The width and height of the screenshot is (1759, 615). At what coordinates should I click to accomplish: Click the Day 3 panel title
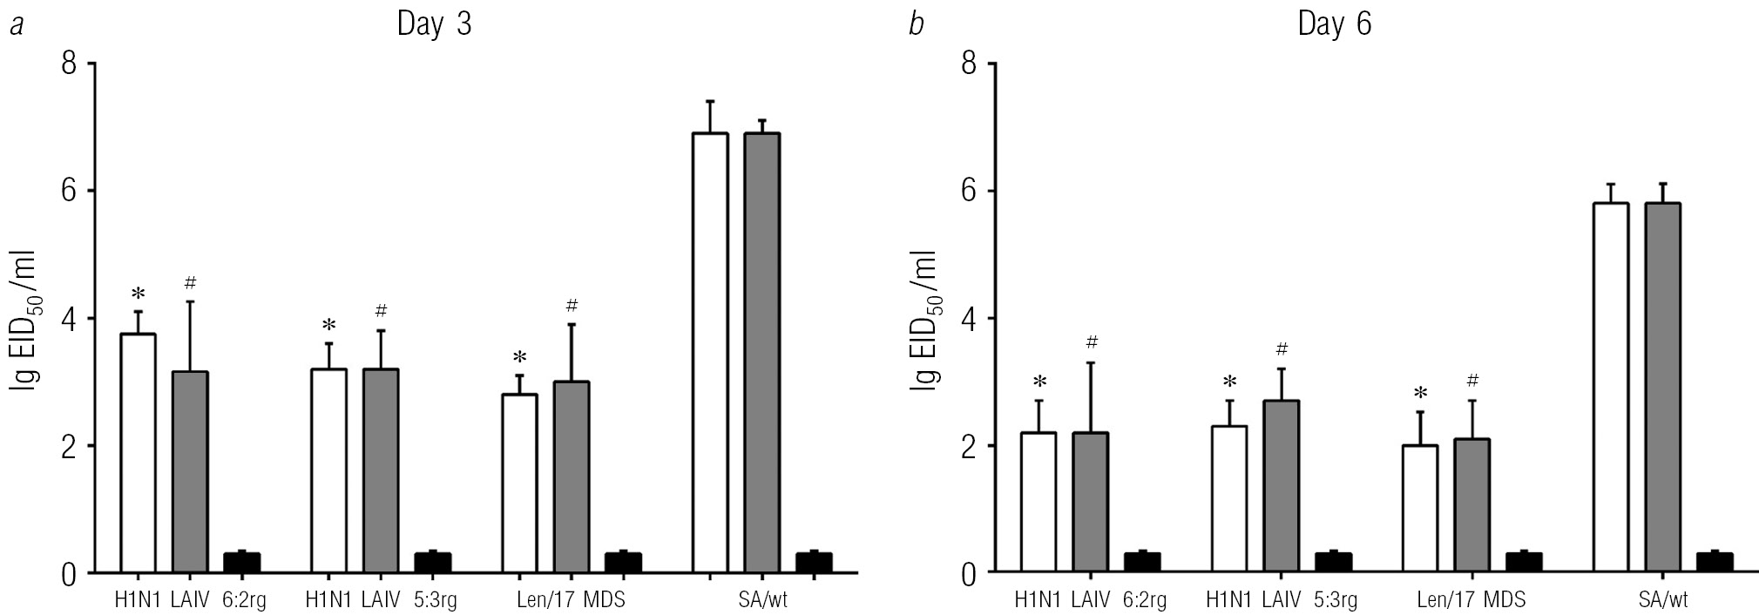coord(434,24)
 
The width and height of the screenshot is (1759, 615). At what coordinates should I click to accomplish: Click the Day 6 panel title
coord(1334,24)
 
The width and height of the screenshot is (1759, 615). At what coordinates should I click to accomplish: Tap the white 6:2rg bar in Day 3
coord(138,453)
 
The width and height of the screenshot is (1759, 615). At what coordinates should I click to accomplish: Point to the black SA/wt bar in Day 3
coord(813,562)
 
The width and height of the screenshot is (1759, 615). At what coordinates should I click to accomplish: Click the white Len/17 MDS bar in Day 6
coord(1420,509)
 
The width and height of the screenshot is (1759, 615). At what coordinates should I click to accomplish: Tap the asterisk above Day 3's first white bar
coord(138,294)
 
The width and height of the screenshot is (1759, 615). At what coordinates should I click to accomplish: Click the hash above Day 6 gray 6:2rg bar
coord(1092,342)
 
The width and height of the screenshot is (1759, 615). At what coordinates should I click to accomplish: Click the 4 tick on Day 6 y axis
coord(969,319)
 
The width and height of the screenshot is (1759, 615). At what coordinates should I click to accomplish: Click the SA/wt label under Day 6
coord(1662,600)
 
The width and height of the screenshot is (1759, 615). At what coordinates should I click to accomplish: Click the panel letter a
coord(15,25)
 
